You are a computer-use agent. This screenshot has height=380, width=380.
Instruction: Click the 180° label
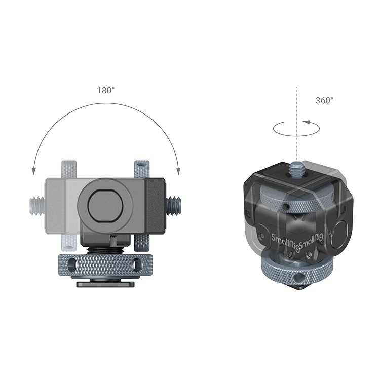pyautogui.click(x=106, y=90)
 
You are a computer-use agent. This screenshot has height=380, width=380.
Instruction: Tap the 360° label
pyautogui.click(x=324, y=100)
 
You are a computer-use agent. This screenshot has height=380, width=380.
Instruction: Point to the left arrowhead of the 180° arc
pyautogui.click(x=33, y=171)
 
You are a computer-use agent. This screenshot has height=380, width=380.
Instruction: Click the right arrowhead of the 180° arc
pyautogui.click(x=178, y=171)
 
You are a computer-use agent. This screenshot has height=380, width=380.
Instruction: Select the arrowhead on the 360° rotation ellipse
pyautogui.click(x=307, y=122)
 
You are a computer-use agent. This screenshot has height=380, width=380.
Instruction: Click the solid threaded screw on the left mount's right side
pyautogui.click(x=173, y=206)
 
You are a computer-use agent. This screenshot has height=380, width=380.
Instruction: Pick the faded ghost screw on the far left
pyautogui.click(x=37, y=206)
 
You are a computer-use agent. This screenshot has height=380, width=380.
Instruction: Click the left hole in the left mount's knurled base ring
pyautogui.click(x=72, y=264)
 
